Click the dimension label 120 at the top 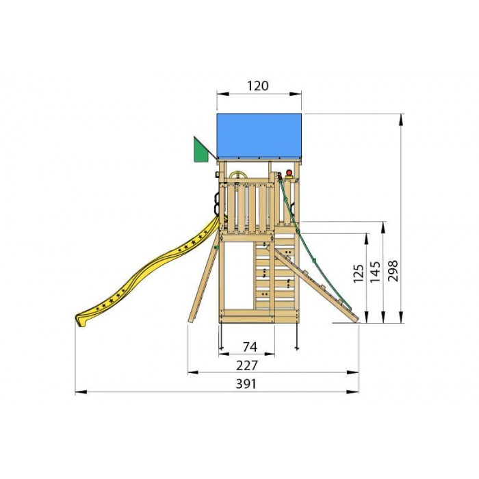[x=258, y=86]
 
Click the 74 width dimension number [x=248, y=346]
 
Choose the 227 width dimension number [x=248, y=365]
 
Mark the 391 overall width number [x=245, y=384]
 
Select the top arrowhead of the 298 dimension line [x=402, y=117]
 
